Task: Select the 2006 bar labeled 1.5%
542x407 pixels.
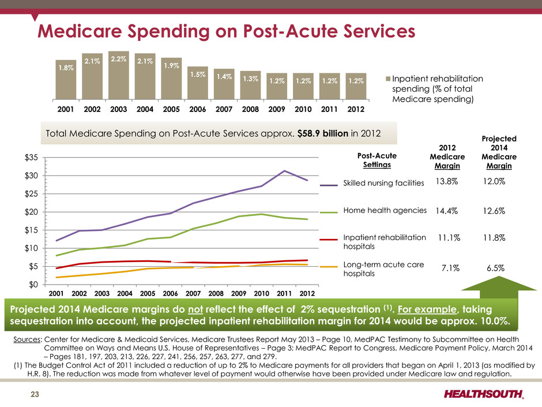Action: pyautogui.click(x=198, y=83)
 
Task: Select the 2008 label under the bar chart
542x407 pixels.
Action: pyautogui.click(x=250, y=109)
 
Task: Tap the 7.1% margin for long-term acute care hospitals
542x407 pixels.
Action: pyautogui.click(x=449, y=268)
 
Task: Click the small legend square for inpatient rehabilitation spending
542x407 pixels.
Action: pyautogui.click(x=387, y=79)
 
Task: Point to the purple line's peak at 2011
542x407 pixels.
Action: pyautogui.click(x=284, y=171)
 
